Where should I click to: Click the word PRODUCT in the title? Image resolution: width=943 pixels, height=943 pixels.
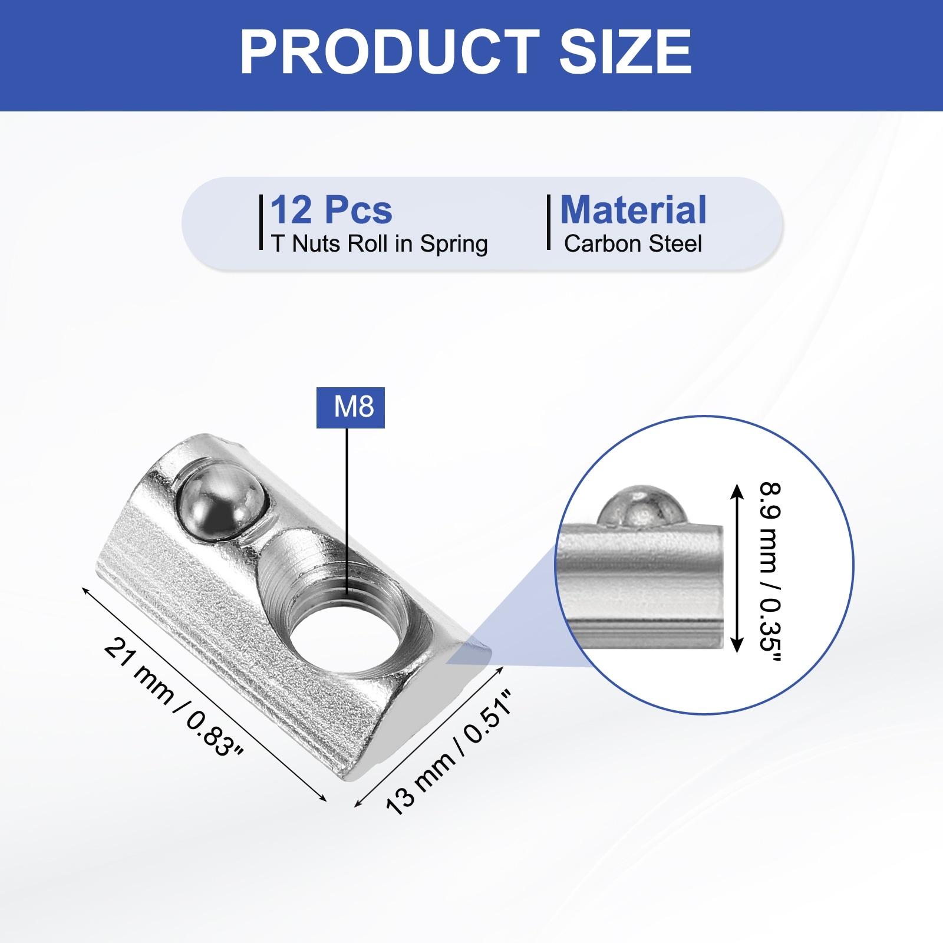tap(389, 52)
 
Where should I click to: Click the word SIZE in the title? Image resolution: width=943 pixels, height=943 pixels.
tap(625, 52)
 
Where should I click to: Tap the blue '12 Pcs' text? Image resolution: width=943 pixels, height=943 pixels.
tap(331, 210)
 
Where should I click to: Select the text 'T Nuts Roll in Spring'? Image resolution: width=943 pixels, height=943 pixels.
tap(380, 244)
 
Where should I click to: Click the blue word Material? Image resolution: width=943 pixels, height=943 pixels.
tap(633, 210)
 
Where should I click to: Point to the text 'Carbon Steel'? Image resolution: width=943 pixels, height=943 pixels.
tap(633, 244)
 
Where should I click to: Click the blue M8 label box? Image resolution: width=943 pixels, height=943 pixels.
tap(351, 407)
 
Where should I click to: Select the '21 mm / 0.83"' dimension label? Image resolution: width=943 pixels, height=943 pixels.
tap(173, 697)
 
